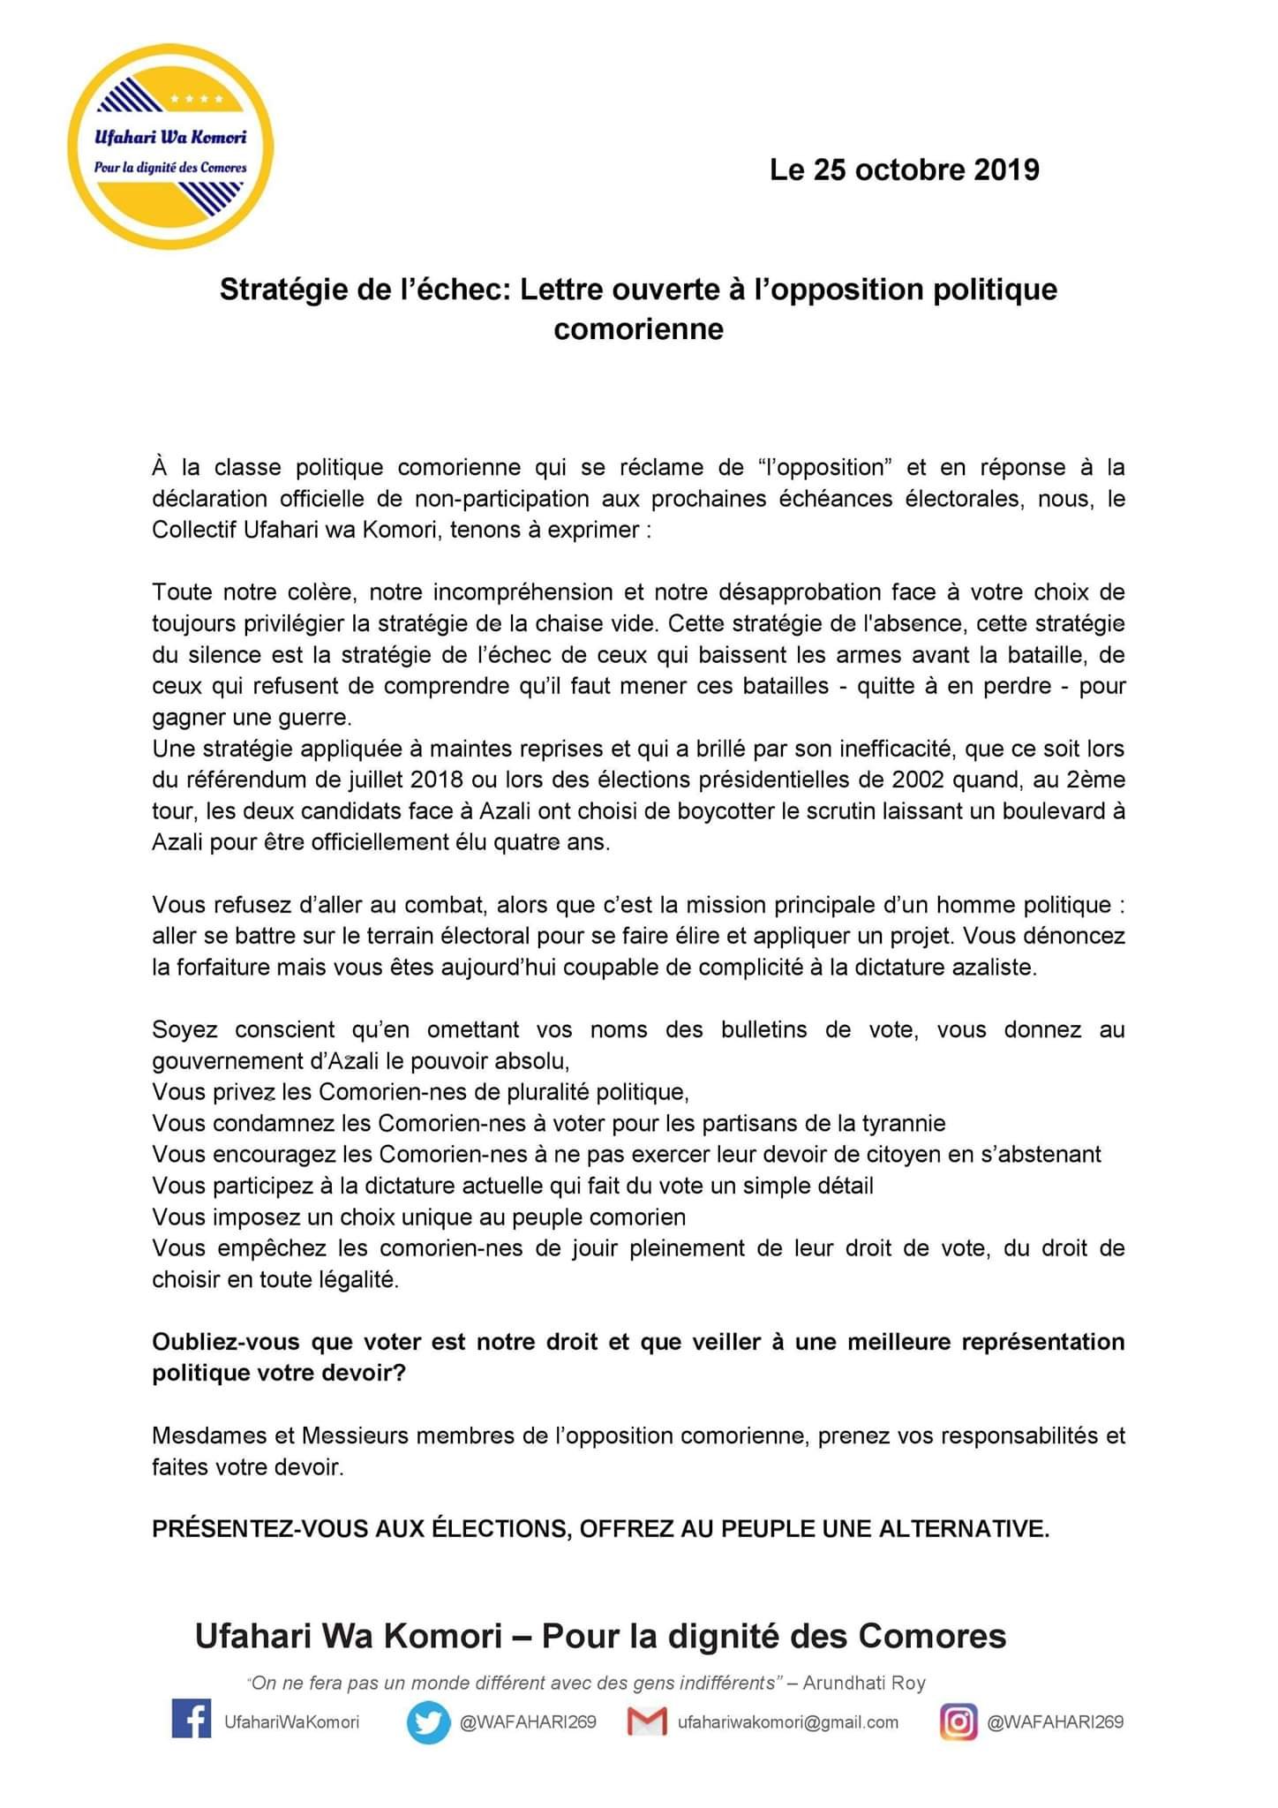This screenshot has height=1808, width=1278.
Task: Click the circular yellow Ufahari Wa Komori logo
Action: click(x=170, y=147)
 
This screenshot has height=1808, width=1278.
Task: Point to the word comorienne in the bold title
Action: click(x=638, y=329)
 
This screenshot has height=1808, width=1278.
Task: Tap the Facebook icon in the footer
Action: click(x=192, y=1721)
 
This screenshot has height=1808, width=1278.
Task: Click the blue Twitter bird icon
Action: click(x=428, y=1722)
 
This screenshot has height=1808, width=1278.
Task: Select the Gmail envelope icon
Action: click(x=647, y=1721)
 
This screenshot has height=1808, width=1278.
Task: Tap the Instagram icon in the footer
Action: click(x=958, y=1721)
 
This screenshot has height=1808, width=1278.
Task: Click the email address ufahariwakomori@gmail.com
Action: click(x=787, y=1722)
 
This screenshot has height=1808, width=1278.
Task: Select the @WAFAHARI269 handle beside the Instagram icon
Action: click(x=1055, y=1722)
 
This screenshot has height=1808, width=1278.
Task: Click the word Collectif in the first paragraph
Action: click(x=194, y=530)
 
